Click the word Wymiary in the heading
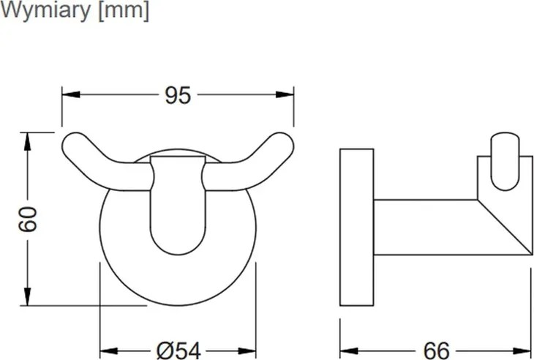click(x=45, y=11)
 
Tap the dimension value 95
click(x=178, y=95)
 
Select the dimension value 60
click(x=28, y=219)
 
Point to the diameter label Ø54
click(x=178, y=350)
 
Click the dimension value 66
click(x=436, y=350)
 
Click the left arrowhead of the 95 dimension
click(x=71, y=94)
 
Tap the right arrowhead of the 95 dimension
click(x=285, y=94)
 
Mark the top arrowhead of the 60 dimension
click(x=28, y=141)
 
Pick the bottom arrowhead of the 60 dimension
click(x=28, y=296)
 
